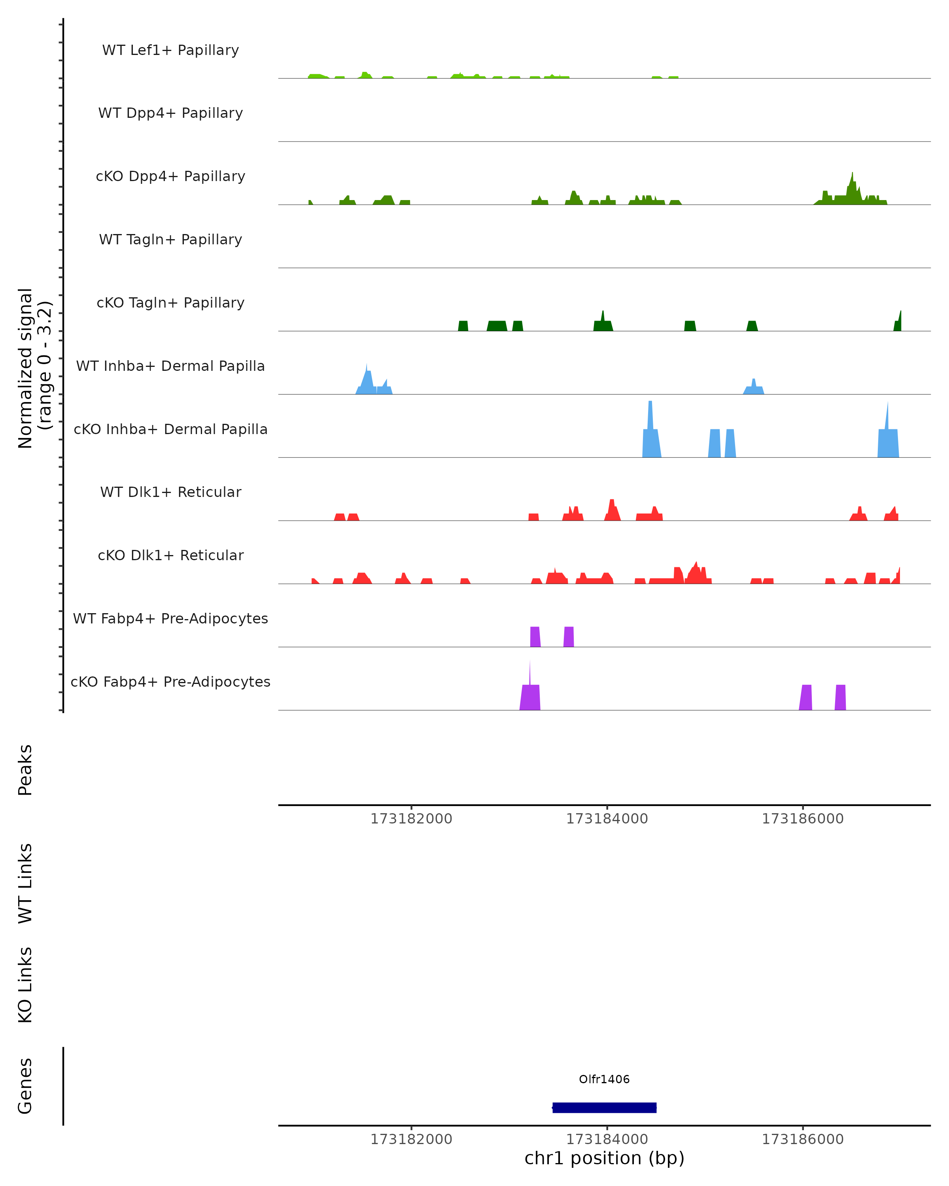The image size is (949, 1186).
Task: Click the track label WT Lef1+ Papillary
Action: [170, 50]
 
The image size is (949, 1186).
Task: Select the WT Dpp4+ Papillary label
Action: [170, 113]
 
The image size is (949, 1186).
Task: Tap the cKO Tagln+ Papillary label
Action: [170, 303]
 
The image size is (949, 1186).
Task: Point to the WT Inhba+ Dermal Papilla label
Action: [170, 366]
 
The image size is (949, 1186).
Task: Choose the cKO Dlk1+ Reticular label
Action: [170, 555]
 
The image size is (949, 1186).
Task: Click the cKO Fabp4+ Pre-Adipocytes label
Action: [170, 682]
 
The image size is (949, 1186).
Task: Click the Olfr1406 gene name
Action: [604, 1079]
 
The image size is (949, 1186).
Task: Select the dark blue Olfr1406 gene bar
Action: [604, 1107]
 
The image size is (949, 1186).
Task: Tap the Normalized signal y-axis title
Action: [34, 368]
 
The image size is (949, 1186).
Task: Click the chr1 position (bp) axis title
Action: [604, 1158]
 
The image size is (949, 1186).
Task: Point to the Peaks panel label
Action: [25, 770]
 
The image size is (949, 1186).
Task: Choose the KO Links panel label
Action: [25, 985]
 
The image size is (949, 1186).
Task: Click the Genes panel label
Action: [25, 1086]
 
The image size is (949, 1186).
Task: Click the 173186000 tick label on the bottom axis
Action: [802, 1139]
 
